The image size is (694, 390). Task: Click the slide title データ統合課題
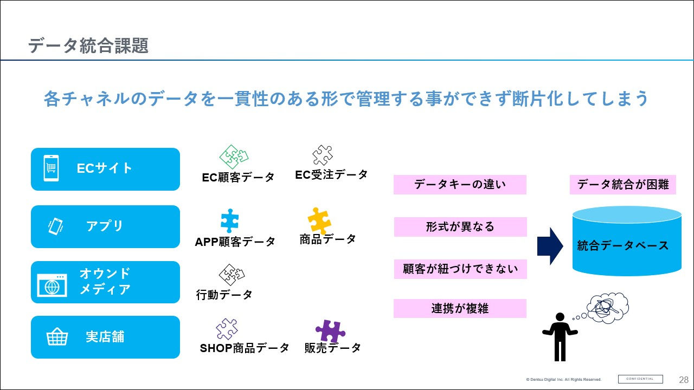(88, 46)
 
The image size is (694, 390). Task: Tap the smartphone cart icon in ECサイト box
(51, 168)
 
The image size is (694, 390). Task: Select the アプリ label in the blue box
(105, 226)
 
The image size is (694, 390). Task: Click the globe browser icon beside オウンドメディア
(52, 285)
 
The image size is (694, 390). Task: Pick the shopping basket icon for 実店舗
(57, 337)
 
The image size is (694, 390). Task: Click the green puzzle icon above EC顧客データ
(234, 157)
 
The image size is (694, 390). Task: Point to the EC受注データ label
(331, 174)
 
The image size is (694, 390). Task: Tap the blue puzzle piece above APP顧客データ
(230, 221)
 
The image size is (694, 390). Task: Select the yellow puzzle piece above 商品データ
(319, 220)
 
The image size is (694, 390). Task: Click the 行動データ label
(224, 295)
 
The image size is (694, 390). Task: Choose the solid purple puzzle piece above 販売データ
(330, 331)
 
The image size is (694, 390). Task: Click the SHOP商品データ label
(245, 348)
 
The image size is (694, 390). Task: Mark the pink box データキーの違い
(460, 185)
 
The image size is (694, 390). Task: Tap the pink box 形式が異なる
(460, 227)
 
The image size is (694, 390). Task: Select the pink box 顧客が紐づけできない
(460, 269)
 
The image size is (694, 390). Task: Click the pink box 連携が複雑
(460, 308)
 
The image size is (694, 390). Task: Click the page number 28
(684, 379)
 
